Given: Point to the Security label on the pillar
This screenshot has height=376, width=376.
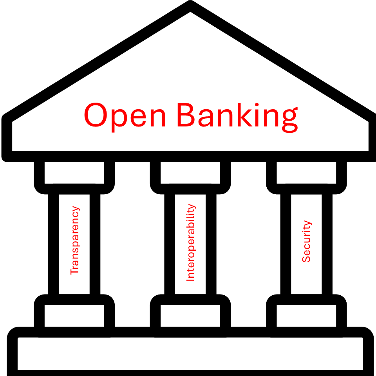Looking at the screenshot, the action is pyautogui.click(x=306, y=241).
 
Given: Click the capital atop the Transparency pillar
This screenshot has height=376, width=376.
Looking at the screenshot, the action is pyautogui.click(x=74, y=173).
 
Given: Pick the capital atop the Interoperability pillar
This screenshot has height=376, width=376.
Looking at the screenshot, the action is pyautogui.click(x=190, y=173).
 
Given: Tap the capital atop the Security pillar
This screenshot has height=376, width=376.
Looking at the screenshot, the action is pyautogui.click(x=306, y=173).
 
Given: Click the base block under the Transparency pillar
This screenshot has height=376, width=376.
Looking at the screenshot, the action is pyautogui.click(x=74, y=315).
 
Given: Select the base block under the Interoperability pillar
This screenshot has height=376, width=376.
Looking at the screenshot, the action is pyautogui.click(x=190, y=315).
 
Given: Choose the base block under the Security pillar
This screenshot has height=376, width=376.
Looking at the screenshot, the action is pyautogui.click(x=306, y=315).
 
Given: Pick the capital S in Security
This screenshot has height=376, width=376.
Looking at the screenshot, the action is pyautogui.click(x=306, y=258).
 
